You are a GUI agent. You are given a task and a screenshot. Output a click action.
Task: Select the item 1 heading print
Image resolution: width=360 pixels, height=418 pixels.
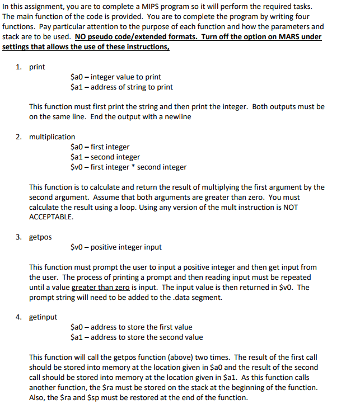38,67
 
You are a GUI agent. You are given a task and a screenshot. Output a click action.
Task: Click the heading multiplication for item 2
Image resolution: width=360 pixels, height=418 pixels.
52,137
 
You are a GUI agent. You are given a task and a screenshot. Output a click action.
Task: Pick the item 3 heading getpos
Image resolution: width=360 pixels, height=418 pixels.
40,237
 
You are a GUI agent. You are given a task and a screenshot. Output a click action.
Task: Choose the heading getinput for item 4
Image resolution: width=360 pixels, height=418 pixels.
43,317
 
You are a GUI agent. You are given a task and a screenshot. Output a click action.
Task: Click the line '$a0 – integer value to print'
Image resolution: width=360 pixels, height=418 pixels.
116,77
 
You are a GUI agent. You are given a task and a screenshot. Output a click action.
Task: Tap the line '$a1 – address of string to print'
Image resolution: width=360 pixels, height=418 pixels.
122,87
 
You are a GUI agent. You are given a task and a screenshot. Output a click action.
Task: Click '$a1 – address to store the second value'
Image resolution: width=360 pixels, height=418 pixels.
137,337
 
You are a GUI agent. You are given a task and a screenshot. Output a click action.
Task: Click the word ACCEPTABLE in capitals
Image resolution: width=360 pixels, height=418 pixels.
51,217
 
